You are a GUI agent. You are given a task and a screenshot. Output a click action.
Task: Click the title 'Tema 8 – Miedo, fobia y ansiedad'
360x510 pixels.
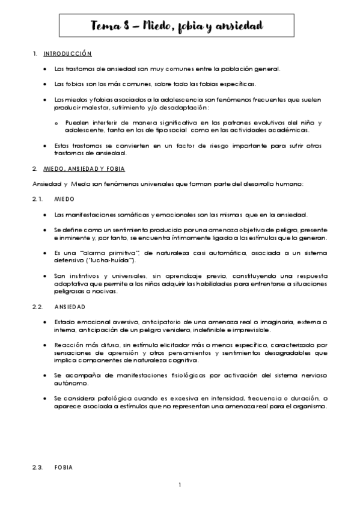177,26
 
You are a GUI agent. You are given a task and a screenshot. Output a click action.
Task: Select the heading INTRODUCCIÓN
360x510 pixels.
67,54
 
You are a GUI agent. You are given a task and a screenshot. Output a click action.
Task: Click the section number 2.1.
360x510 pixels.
37,198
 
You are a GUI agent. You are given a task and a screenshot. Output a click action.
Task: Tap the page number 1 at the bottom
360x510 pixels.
180,485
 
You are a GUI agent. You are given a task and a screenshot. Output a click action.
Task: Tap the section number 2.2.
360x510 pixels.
37,307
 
